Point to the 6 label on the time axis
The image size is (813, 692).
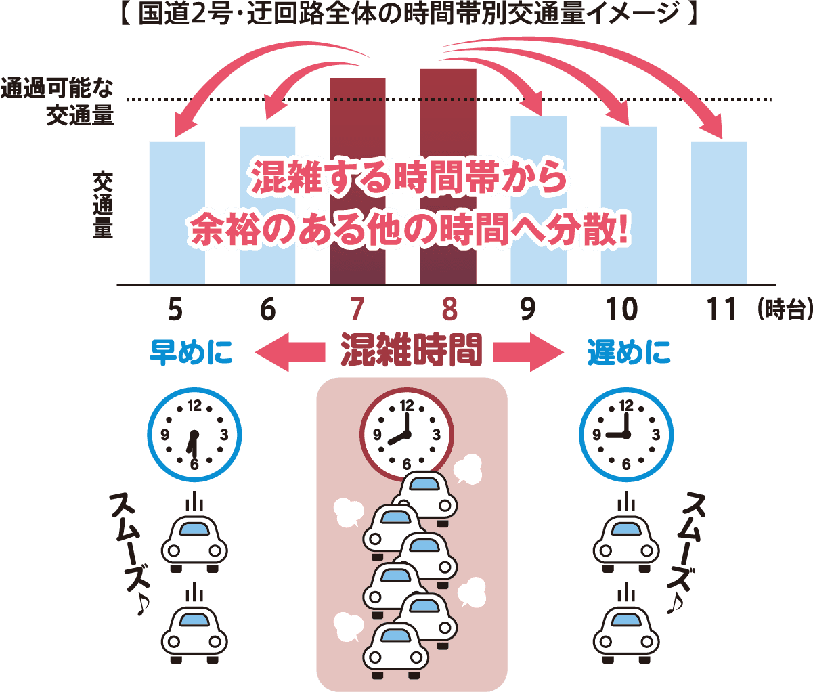pyautogui.click(x=267, y=309)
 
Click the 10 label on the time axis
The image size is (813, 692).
pyautogui.click(x=621, y=309)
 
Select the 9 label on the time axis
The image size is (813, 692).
pyautogui.click(x=528, y=309)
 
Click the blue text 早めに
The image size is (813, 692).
pyautogui.click(x=191, y=352)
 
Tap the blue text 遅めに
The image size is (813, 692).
pyautogui.click(x=629, y=352)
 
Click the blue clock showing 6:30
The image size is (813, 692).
pyautogui.click(x=195, y=435)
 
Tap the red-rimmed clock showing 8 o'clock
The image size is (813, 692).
pyautogui.click(x=407, y=434)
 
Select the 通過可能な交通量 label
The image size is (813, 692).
pyautogui.click(x=58, y=102)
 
